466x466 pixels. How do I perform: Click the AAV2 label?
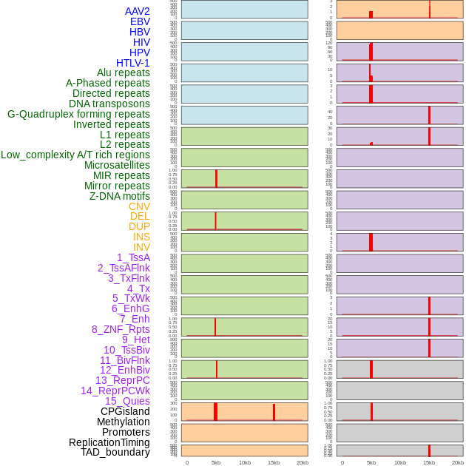tap(138, 11)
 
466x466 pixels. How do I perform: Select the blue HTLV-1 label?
tap(133, 63)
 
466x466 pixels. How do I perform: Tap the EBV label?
tap(140, 21)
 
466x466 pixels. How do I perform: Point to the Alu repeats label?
tap(124, 72)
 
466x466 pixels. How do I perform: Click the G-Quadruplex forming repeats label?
tap(78, 114)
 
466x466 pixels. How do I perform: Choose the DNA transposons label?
tap(109, 104)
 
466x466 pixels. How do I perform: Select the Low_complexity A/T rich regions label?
tap(75, 155)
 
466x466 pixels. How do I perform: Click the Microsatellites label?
tap(117, 165)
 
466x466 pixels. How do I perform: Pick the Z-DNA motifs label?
tap(120, 196)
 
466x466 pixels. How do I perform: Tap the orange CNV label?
tap(139, 206)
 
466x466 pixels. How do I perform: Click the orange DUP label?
tap(139, 226)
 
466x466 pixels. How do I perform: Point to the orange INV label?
tap(141, 247)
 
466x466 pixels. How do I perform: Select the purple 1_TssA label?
tap(133, 257)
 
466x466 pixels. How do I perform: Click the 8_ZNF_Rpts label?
tap(121, 329)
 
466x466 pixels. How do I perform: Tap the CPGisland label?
tap(125, 411)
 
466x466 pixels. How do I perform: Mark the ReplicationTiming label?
tap(109, 442)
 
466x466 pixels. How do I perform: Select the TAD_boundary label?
tap(115, 452)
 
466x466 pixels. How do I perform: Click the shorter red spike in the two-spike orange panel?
tap(274, 413)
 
